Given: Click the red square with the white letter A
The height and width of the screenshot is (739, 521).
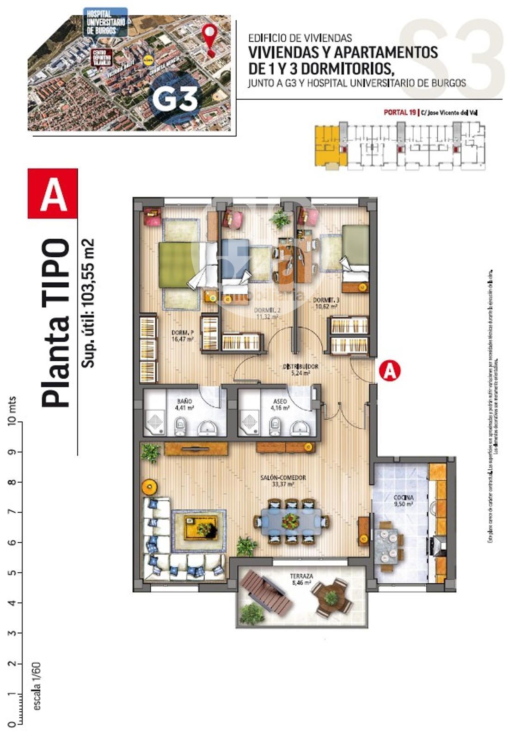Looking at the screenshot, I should [53, 194].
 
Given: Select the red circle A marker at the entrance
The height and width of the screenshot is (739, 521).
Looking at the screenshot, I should [390, 371].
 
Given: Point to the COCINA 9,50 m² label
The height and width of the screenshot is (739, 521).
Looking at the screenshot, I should [403, 501].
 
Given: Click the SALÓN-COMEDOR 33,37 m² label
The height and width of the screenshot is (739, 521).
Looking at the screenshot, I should [289, 481].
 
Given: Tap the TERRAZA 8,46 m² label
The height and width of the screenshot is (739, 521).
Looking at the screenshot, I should [301, 580].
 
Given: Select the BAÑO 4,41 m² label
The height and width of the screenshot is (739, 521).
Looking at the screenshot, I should [184, 405].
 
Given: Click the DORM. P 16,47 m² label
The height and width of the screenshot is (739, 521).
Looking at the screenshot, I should [182, 335].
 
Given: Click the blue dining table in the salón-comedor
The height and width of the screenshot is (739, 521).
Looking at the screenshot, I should [291, 521].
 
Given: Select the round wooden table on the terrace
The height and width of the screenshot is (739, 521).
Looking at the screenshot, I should [331, 598].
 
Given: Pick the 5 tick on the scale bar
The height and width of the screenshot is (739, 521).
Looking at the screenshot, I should [14, 572].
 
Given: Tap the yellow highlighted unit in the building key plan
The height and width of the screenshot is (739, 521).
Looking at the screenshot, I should [329, 145].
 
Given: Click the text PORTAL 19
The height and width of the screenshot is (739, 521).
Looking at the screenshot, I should [399, 112].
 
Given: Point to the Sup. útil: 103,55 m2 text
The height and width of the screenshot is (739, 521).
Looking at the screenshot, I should [87, 303].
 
